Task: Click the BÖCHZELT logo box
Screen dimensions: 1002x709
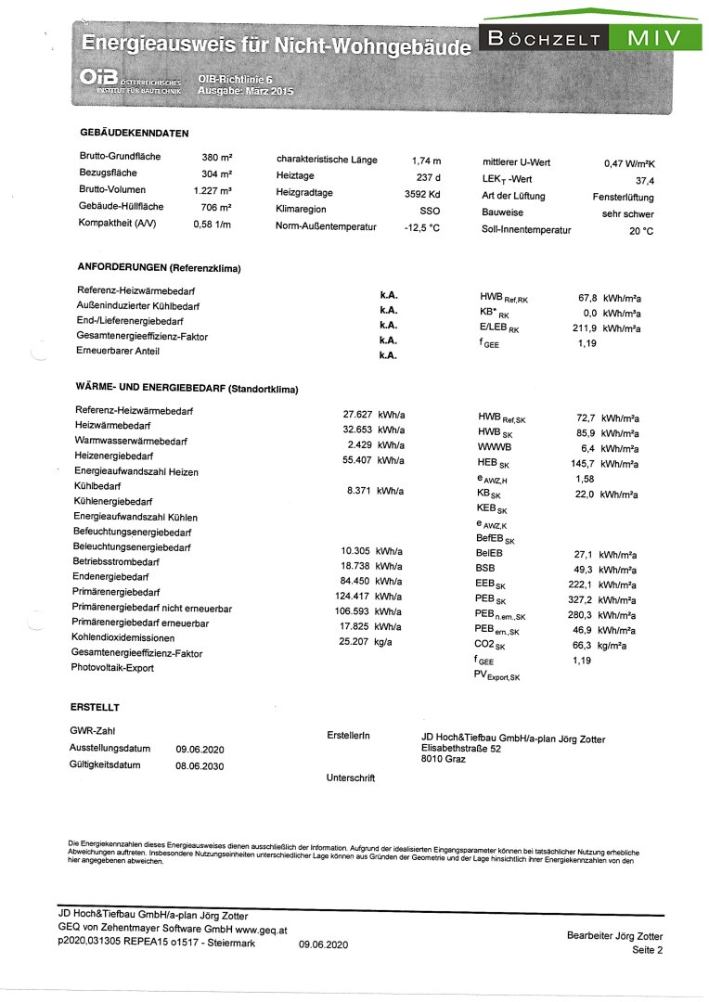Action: pos(543,38)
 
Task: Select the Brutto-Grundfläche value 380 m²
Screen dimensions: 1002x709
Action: pos(216,157)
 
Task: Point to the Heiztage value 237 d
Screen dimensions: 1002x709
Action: pos(428,177)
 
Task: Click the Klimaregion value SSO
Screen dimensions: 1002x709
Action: pos(430,212)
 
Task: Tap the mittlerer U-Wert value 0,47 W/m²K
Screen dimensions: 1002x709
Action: pos(629,163)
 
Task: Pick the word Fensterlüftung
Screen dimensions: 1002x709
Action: pos(623,198)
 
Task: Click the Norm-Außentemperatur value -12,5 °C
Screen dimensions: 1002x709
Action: pos(421,228)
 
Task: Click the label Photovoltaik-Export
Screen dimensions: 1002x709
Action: pos(112,667)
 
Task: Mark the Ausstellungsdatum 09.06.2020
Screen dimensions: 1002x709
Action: pos(200,750)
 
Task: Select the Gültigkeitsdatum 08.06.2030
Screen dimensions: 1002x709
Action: pos(200,766)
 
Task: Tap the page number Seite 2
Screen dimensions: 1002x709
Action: pos(648,951)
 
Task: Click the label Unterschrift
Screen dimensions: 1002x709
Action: pos(351,777)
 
